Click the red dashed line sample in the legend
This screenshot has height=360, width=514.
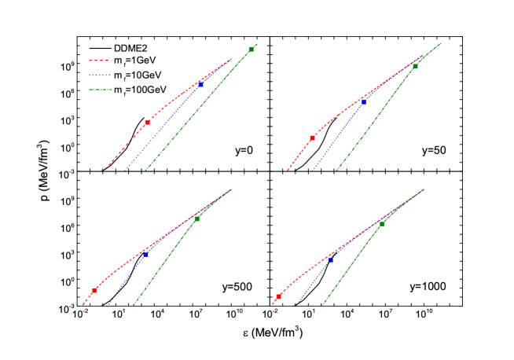click(x=99, y=61)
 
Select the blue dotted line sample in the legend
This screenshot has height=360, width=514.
click(x=100, y=75)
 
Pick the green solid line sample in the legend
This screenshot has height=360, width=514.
click(x=100, y=90)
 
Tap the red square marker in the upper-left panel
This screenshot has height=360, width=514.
click(x=147, y=123)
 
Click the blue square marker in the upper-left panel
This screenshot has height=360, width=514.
click(x=200, y=84)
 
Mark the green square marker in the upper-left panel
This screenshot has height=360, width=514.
click(x=251, y=50)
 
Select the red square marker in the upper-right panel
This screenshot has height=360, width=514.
click(x=313, y=138)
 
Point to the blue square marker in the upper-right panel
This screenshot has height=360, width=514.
click(x=363, y=101)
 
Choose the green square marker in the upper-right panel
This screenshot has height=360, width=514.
click(x=415, y=67)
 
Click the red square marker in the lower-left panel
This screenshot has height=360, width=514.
click(x=94, y=290)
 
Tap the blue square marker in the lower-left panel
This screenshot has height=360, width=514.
click(x=145, y=255)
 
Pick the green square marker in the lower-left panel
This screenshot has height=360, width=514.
click(x=196, y=219)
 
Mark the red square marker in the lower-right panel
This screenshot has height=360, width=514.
click(x=278, y=297)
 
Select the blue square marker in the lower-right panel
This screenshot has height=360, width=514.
click(x=330, y=259)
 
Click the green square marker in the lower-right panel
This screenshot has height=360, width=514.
click(x=381, y=224)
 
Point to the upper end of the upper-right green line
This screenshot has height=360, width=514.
click(x=441, y=43)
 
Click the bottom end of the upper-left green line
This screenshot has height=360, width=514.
click(x=145, y=171)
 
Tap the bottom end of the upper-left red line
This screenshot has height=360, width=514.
click(x=106, y=168)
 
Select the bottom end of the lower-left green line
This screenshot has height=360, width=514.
click(x=133, y=305)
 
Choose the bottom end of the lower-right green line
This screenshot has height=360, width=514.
click(x=321, y=305)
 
